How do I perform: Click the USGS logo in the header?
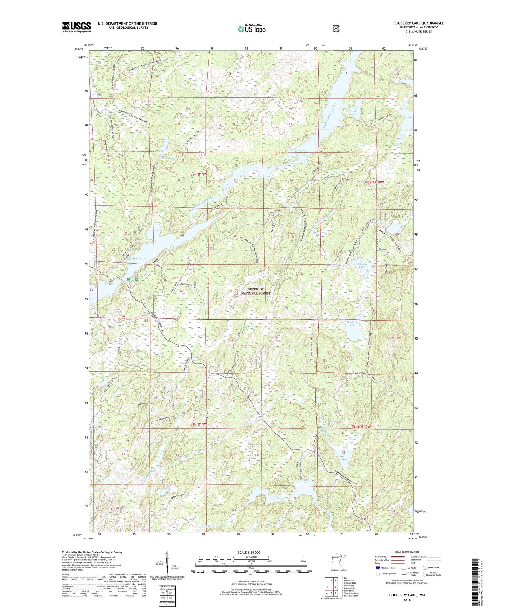tap(76, 27)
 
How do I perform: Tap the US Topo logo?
tap(251, 29)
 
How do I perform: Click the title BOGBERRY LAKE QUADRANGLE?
tap(418, 23)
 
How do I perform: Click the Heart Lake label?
tap(343, 457)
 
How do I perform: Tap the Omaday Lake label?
tap(362, 265)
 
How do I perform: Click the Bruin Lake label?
tap(353, 112)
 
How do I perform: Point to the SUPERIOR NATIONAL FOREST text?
tap(256, 291)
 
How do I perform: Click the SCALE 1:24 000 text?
tap(249, 552)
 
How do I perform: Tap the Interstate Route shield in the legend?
tap(378, 568)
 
